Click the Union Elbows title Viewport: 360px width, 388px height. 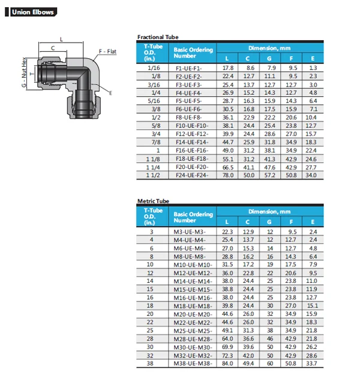(x=34, y=12)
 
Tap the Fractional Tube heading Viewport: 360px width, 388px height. (x=158, y=37)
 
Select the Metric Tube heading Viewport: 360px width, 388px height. (x=154, y=201)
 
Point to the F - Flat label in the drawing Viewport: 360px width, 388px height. (x=108, y=52)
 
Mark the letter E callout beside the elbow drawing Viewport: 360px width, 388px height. (x=111, y=92)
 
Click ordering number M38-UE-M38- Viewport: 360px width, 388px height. (x=193, y=363)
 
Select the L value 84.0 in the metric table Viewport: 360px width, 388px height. (x=227, y=363)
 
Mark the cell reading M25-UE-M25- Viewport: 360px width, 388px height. (x=193, y=330)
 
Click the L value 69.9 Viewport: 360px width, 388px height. (x=227, y=346)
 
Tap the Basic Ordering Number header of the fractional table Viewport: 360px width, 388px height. (x=193, y=52)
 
